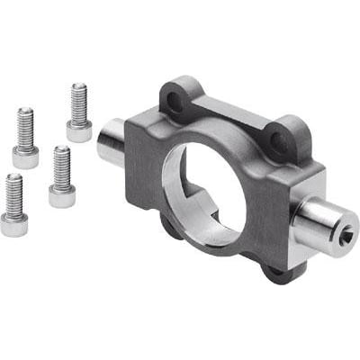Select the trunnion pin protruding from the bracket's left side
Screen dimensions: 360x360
point(112,144)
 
